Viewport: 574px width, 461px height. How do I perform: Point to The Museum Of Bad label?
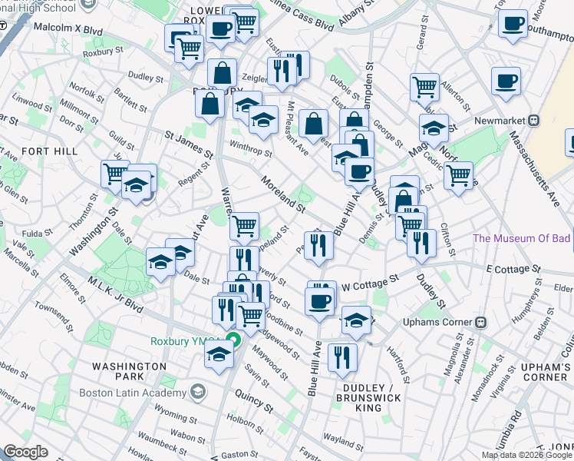click(521, 238)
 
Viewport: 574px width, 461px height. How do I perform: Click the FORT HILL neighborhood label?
click(50, 151)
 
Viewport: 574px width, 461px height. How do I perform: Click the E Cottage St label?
click(514, 269)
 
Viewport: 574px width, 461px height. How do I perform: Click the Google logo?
click(25, 452)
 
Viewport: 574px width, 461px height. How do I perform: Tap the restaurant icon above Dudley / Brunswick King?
click(342, 357)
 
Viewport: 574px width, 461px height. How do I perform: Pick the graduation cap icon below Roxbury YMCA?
click(219, 355)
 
